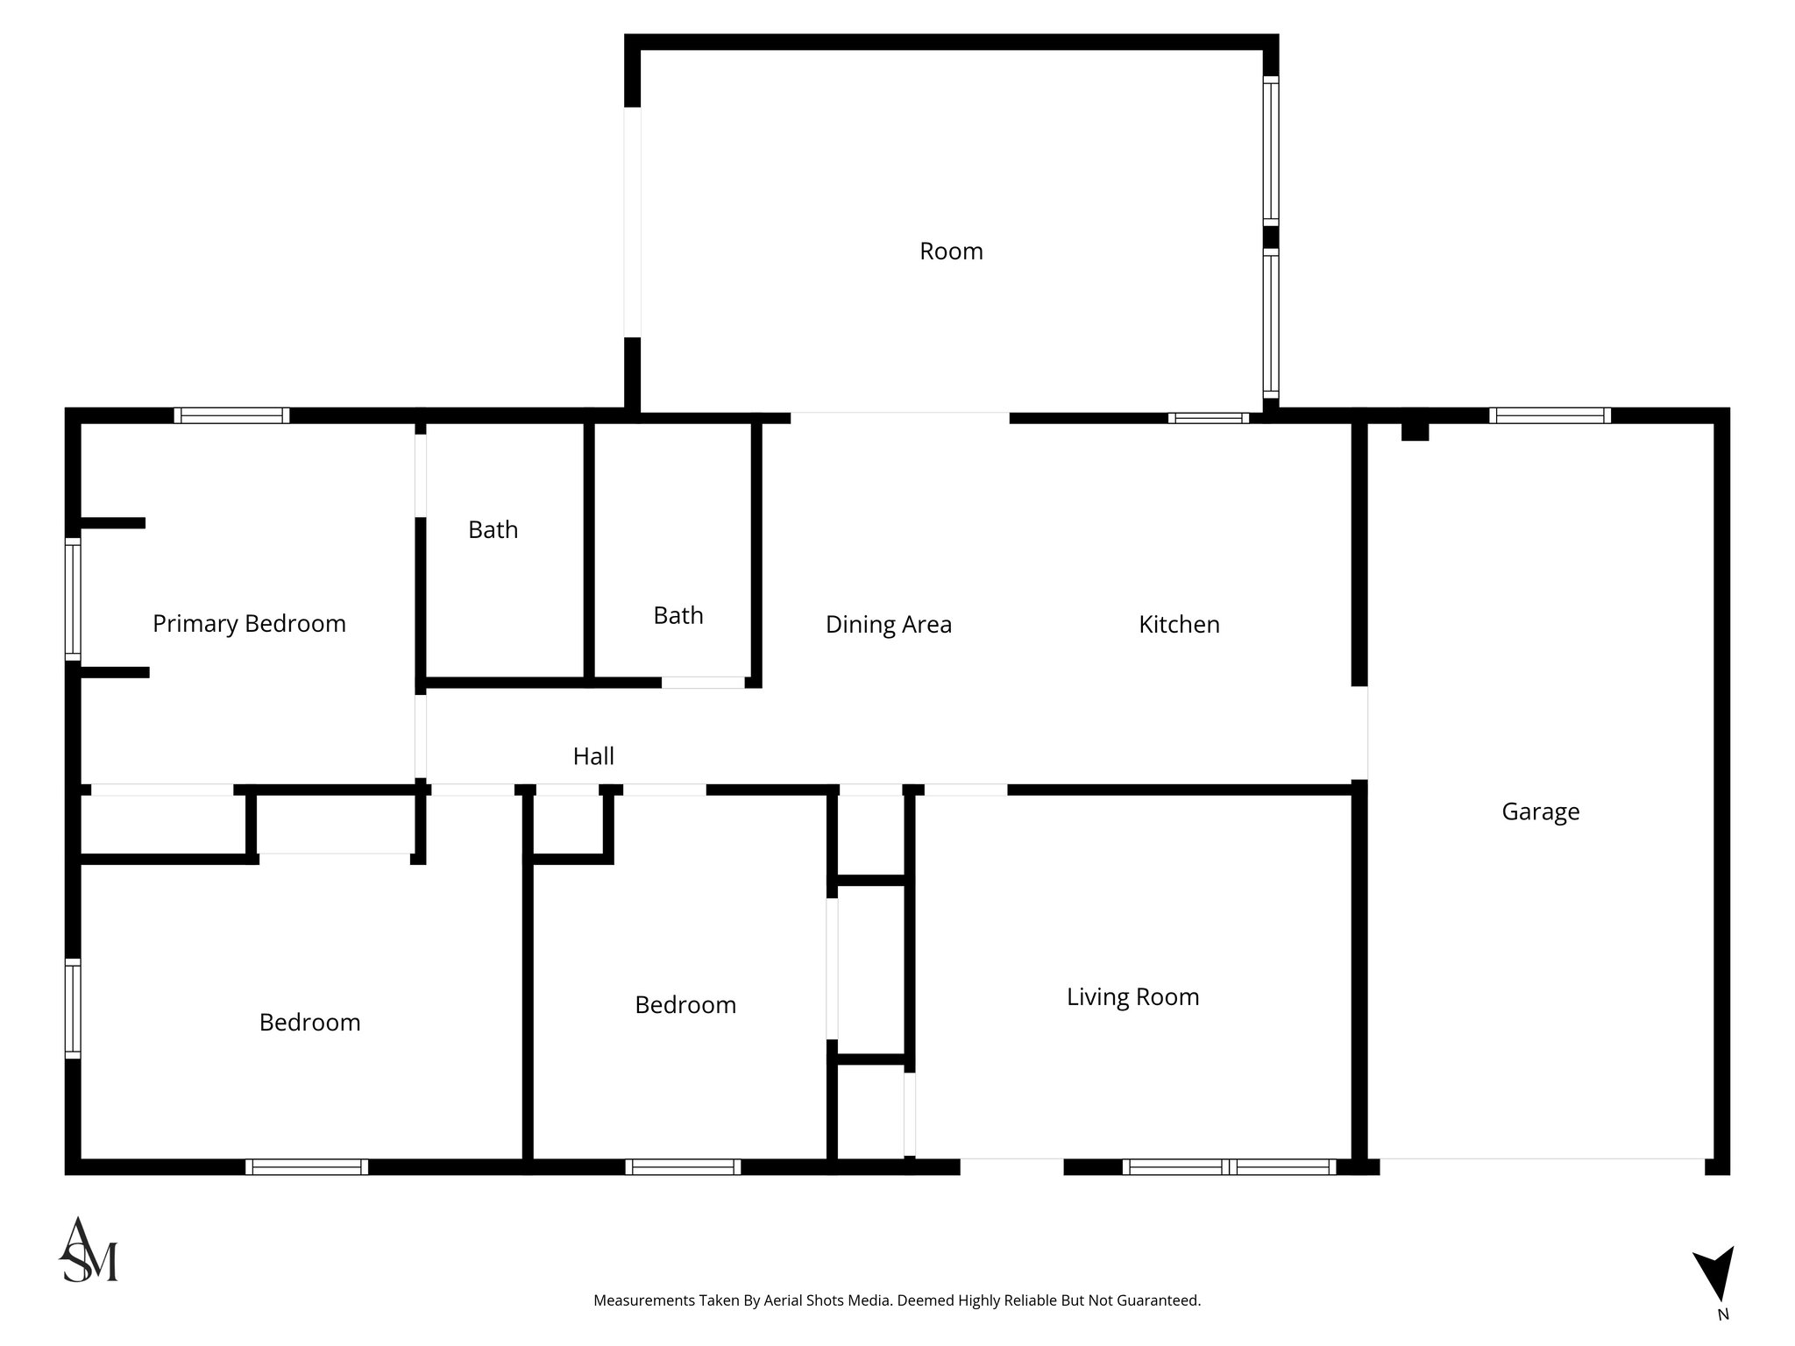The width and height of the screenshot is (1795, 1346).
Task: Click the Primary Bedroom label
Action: coord(249,624)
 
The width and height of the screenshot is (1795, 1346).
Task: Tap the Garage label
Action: coord(1540,811)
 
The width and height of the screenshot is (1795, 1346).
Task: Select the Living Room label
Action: coord(1132,996)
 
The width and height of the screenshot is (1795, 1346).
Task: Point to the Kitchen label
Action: coord(1179,624)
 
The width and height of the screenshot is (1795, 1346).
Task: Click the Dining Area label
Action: coord(888,624)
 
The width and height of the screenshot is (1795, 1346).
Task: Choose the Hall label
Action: coord(593,756)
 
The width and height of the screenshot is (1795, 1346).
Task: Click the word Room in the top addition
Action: coord(951,251)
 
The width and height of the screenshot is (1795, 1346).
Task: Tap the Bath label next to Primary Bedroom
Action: coord(493,529)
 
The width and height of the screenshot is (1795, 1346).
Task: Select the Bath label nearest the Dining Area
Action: coord(678,615)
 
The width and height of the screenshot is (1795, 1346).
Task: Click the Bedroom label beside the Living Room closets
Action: coord(685,1004)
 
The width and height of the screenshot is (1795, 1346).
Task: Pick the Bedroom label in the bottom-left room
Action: coord(309,1022)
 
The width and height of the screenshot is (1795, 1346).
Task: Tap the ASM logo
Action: coord(89,1250)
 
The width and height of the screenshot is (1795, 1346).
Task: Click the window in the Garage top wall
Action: coord(1550,415)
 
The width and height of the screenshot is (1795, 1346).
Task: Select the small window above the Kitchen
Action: coord(1208,418)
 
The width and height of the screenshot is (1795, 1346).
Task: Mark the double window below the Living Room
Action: coord(1229,1166)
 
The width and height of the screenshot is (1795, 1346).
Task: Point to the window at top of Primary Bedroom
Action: coord(231,415)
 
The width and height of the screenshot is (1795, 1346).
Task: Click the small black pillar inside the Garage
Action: coord(1415,432)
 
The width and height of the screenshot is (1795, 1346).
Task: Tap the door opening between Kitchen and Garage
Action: coord(1359,733)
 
